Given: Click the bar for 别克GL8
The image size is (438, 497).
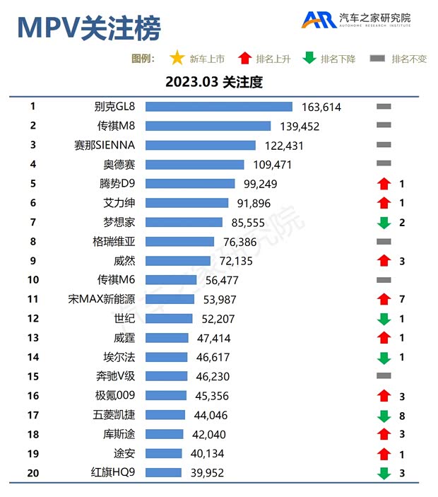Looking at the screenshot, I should coord(218,107).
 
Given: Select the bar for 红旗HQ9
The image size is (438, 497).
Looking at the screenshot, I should coord(163,473).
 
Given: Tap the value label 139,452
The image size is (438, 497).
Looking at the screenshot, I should coord(300,127).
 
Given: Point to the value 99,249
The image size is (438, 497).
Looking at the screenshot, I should coord(261,184).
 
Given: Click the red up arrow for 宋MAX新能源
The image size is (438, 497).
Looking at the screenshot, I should coord(384,300).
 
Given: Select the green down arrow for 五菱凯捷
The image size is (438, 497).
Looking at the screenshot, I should coord(384,416).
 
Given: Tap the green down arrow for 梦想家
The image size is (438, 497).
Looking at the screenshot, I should coord(384,223).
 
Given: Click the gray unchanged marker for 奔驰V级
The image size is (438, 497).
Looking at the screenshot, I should coord(384,377).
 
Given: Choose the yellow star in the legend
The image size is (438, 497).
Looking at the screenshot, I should coord(177,59).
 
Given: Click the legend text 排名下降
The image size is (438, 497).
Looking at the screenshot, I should coord(338,59).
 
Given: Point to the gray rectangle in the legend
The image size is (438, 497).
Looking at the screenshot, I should coord(377,59).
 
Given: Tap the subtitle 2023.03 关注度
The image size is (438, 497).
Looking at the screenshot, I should coord(214,82).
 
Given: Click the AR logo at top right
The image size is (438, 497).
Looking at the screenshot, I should coord(319,20).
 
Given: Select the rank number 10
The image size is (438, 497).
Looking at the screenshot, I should coord(33,280).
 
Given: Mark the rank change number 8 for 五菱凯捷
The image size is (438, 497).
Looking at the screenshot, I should coord(401,416).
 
